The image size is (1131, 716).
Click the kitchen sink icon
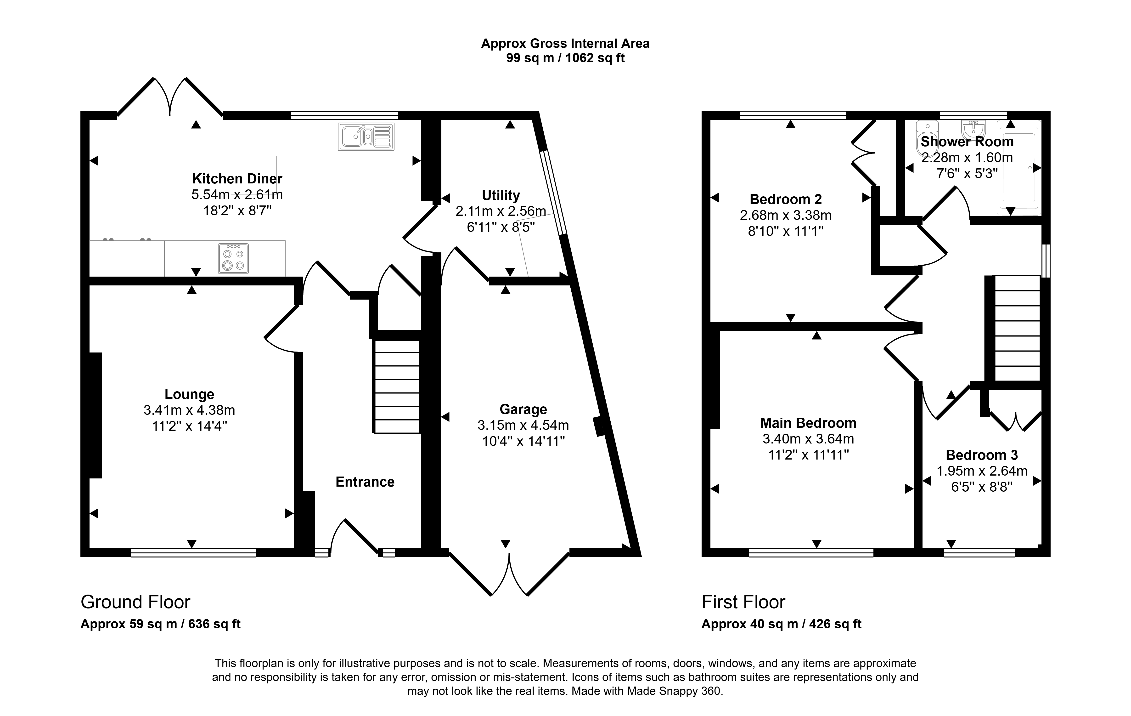point(366,137)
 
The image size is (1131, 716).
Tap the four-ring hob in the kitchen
point(233,258)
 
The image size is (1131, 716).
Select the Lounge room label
point(189,394)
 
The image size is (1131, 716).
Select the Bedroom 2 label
point(786,199)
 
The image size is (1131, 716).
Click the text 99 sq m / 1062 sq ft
point(565,58)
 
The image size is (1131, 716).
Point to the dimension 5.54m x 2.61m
point(237,194)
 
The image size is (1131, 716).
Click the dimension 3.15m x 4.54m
point(523,425)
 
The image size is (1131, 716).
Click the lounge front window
point(193,553)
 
